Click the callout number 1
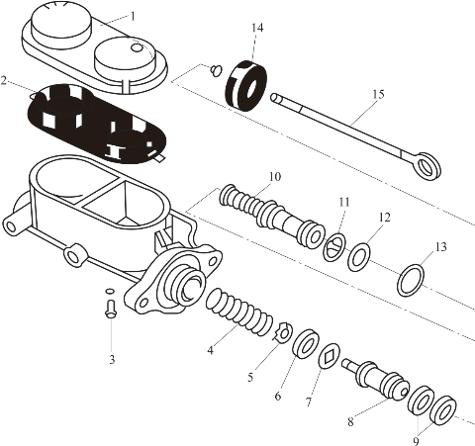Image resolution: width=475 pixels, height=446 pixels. [133, 16]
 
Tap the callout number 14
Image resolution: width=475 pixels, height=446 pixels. [257, 28]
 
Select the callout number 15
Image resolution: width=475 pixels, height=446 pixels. [379, 94]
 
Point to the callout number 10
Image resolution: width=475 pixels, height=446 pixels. [274, 177]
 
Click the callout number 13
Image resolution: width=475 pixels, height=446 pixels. [441, 246]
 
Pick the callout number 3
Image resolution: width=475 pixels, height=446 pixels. [112, 359]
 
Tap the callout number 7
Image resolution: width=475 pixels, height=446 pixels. [309, 401]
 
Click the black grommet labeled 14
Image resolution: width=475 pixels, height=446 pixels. [246, 86]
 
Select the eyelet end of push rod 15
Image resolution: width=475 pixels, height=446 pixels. [428, 166]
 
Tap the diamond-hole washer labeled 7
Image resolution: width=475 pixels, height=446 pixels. [330, 356]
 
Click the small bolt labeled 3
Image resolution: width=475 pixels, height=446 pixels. [111, 309]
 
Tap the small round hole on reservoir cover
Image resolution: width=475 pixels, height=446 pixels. [137, 47]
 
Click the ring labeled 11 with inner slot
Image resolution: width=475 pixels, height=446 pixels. [334, 247]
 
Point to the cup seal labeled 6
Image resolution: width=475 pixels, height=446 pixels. [306, 343]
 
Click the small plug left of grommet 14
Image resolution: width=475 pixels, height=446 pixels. [217, 71]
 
